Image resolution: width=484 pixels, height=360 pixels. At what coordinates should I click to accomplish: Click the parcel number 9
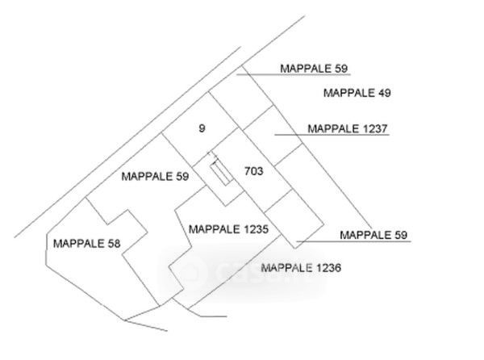click(x=202, y=128)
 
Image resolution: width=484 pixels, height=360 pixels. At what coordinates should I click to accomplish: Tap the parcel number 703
click(x=253, y=170)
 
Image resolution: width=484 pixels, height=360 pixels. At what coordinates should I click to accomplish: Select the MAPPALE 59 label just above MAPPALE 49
click(x=315, y=69)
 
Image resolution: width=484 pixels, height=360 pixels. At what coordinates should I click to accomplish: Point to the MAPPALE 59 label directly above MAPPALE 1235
click(x=155, y=176)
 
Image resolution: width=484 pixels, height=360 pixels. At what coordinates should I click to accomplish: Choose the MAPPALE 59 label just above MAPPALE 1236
click(x=375, y=235)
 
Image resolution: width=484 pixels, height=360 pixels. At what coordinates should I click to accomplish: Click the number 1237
click(x=375, y=128)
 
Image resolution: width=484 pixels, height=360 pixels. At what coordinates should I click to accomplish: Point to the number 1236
click(x=329, y=267)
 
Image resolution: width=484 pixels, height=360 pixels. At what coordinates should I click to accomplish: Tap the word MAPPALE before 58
click(x=74, y=242)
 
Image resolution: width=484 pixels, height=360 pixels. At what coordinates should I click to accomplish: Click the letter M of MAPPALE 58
click(x=56, y=242)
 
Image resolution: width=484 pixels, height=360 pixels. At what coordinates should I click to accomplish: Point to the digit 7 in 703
click(x=247, y=170)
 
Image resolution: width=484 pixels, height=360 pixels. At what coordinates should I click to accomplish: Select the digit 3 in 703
click(x=260, y=170)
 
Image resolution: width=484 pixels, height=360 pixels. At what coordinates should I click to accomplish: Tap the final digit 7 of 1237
click(x=386, y=128)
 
